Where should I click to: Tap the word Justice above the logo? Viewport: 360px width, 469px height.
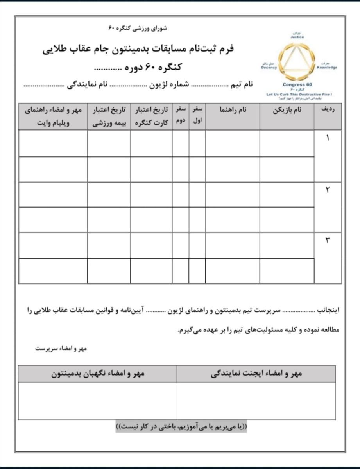pos(297,37)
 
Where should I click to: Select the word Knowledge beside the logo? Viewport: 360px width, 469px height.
pos(327,67)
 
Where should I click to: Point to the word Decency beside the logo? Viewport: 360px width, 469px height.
pos(269,67)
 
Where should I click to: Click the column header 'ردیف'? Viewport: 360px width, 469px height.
pos(328,111)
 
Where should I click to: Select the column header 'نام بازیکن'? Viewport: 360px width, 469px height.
pos(287,111)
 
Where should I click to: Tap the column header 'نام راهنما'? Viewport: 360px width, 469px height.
pos(232,111)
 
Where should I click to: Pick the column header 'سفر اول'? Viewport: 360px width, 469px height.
pos(197,116)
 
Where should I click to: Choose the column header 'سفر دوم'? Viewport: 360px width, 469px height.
pos(180,116)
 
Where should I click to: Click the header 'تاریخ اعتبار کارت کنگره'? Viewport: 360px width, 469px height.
pos(151,116)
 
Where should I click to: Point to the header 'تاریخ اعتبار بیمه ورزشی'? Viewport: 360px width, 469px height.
pos(109,116)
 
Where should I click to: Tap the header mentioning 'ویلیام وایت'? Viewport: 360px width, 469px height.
pos(53,116)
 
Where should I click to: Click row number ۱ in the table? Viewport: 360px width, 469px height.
pos(328,138)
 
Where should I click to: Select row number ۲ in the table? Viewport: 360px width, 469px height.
pos(328,190)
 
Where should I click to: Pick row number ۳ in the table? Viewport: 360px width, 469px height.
pos(328,241)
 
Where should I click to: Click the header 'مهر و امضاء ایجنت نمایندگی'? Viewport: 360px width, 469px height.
pos(256,374)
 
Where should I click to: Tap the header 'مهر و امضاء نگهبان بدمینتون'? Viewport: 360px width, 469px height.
pos(98,374)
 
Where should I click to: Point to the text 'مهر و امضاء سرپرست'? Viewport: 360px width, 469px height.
pos(61,348)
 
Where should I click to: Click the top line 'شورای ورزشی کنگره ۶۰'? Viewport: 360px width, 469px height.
pos(137,29)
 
